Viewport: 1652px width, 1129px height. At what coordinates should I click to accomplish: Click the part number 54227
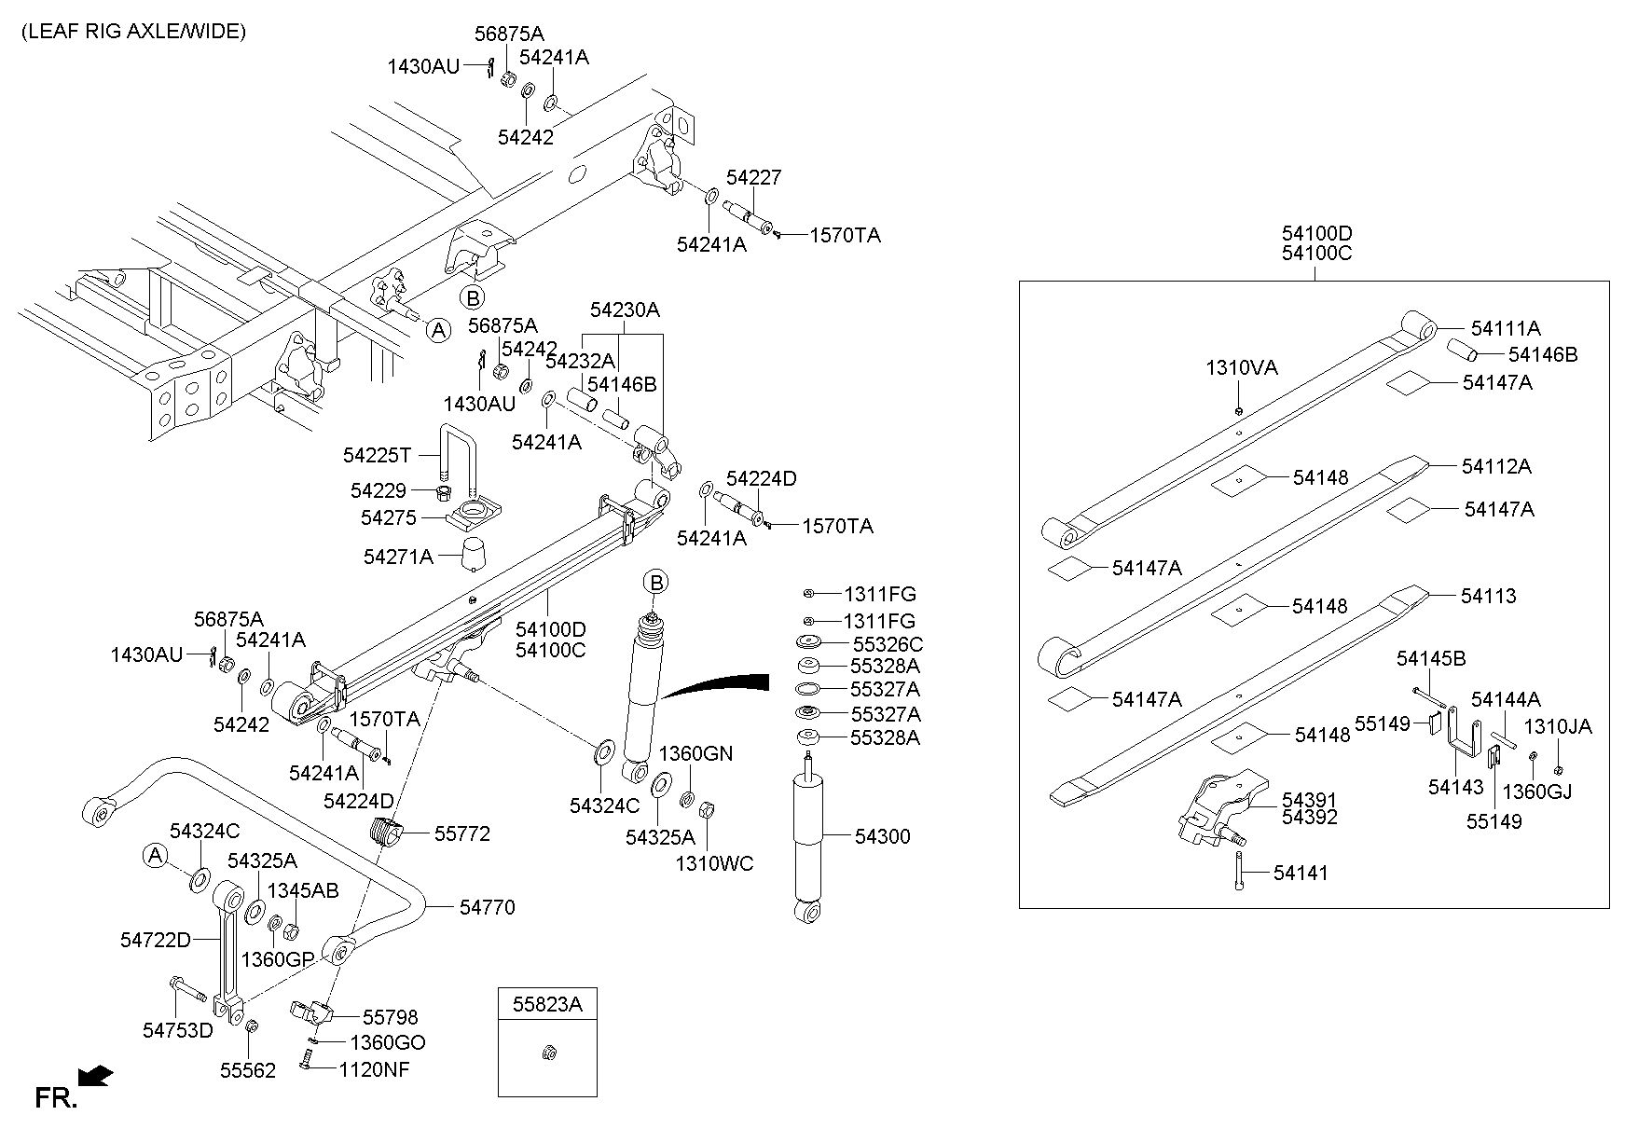pos(753,177)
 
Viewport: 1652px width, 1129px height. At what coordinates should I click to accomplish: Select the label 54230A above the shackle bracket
pos(624,310)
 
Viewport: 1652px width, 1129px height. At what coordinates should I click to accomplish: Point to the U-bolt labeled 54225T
pos(457,459)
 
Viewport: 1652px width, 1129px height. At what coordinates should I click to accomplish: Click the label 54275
pos(389,517)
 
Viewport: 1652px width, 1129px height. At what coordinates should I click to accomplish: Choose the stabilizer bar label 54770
pos(487,907)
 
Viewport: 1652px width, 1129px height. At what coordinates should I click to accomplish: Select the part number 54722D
pos(155,941)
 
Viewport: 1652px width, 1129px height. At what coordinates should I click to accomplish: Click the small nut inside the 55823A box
pos(548,1054)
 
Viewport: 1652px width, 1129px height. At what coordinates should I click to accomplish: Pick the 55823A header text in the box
pos(547,1004)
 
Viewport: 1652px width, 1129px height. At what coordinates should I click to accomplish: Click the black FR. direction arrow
pos(96,1077)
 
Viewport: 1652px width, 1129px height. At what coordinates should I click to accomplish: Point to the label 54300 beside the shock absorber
pos(882,836)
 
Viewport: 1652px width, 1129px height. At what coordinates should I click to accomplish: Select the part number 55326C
pos(888,644)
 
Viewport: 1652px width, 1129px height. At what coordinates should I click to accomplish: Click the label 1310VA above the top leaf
pos(1242,367)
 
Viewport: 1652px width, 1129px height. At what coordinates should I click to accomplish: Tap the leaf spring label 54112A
pos(1496,466)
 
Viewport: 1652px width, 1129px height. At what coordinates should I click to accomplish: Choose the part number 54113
pos(1488,596)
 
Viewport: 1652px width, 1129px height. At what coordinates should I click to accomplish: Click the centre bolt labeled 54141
pos(1239,871)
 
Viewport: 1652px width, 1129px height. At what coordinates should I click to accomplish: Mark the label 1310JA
pos(1558,727)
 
